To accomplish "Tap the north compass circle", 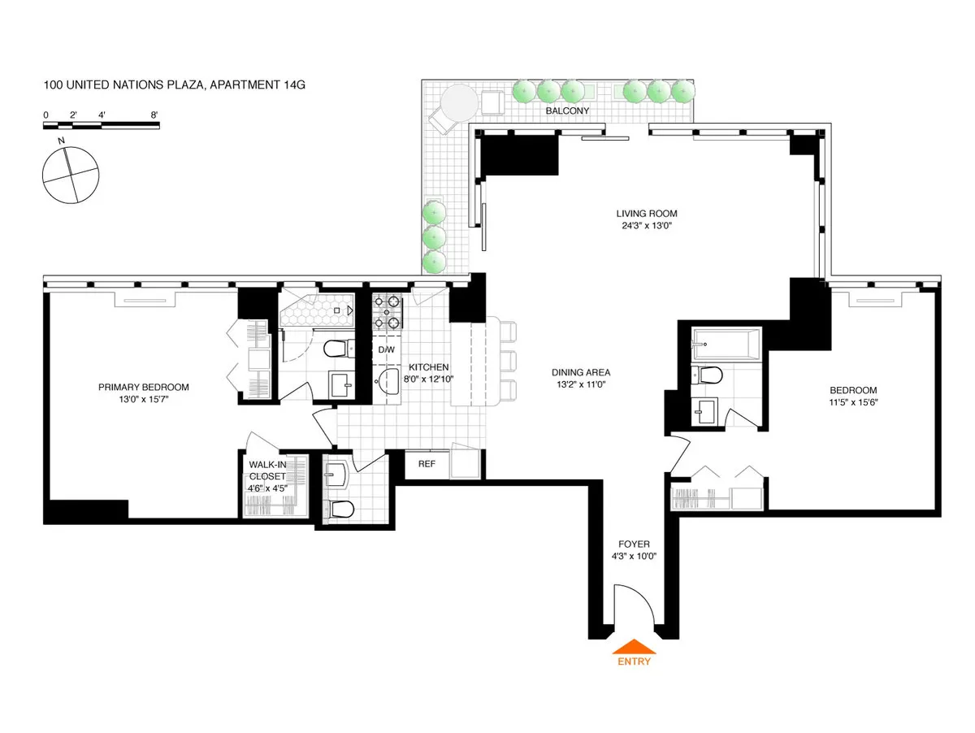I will [71, 175].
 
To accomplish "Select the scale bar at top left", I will [101, 125].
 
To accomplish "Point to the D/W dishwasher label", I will [387, 350].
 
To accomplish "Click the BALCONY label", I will [568, 111].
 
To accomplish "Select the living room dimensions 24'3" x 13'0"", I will [646, 227].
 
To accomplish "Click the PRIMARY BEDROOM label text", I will [144, 388].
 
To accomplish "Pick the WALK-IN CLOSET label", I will [267, 472].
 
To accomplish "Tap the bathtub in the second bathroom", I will [726, 344].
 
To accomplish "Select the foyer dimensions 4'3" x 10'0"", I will [633, 557].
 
